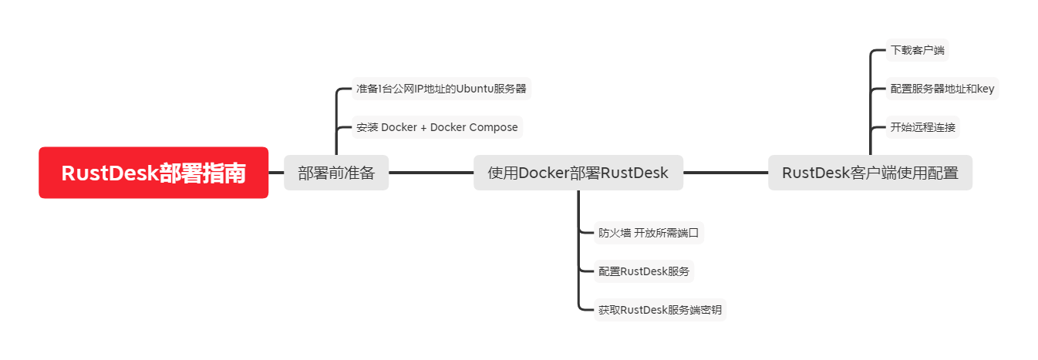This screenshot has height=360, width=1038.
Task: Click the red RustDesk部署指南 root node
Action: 153,173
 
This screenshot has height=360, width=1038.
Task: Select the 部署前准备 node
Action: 336,173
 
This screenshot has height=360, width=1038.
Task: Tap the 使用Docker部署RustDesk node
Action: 578,173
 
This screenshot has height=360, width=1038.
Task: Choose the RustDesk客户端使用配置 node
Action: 870,173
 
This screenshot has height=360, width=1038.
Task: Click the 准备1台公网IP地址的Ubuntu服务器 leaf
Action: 441,89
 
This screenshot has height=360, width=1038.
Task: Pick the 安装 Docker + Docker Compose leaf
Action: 437,127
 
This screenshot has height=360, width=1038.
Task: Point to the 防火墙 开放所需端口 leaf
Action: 649,232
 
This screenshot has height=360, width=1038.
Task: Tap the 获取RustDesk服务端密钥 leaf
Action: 659,311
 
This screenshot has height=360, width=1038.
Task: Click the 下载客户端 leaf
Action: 917,51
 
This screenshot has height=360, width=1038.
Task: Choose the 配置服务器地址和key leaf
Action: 942,89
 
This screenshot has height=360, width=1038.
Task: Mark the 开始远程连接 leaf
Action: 922,127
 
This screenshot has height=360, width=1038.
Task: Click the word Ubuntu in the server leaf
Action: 475,89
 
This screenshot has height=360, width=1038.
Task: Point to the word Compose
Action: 494,127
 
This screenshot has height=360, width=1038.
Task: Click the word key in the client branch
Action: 986,89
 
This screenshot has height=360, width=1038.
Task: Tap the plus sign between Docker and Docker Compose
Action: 423,127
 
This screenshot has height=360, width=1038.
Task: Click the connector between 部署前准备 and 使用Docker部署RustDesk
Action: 431,173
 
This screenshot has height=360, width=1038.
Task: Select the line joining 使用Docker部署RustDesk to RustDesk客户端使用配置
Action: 726,173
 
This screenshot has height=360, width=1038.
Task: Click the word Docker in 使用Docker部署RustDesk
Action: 544,173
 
